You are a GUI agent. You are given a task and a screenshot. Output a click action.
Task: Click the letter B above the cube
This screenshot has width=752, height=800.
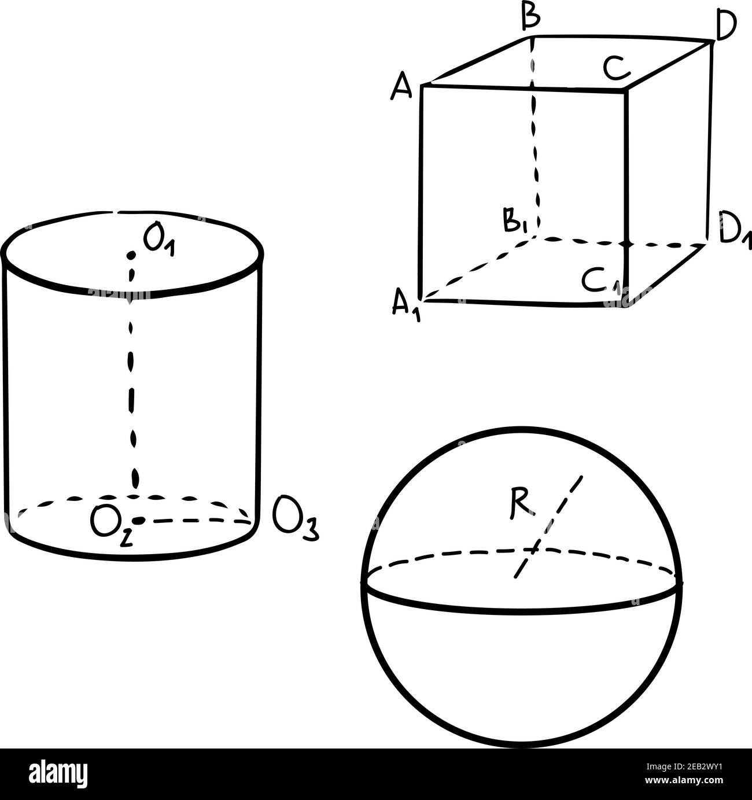(x=530, y=18)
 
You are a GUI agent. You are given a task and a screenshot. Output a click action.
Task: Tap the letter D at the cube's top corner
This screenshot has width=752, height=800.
(x=725, y=25)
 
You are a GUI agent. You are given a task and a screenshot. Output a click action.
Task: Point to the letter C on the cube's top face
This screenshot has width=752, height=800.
(x=617, y=68)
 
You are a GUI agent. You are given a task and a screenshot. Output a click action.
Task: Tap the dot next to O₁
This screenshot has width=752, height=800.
(x=131, y=255)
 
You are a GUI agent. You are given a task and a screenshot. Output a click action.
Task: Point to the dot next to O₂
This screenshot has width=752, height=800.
(x=138, y=521)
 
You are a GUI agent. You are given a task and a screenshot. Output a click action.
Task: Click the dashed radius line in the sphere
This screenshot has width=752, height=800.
(x=548, y=528)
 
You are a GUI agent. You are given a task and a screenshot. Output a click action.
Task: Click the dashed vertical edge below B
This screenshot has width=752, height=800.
(x=535, y=135)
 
